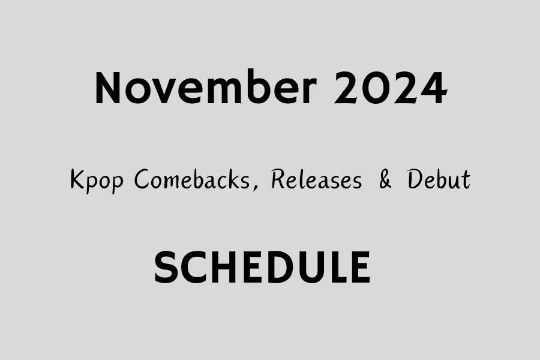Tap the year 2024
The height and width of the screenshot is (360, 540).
coord(391,89)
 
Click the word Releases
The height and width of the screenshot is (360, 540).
coord(316,180)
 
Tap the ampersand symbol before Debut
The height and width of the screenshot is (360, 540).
coord(385,180)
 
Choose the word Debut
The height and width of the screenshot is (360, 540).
coord(439,180)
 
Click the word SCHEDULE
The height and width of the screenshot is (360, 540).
coord(262,268)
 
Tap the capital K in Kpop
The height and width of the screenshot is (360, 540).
coord(77,180)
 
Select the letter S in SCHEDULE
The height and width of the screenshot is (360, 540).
coord(167,268)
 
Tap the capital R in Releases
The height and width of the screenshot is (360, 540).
coord(278,180)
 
